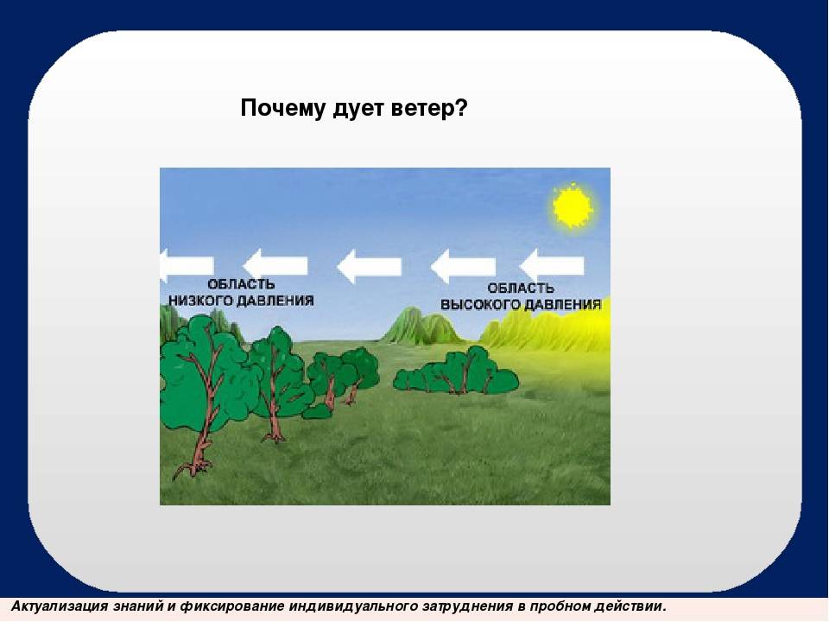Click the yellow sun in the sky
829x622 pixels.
point(572,206)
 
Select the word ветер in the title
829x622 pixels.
point(430,109)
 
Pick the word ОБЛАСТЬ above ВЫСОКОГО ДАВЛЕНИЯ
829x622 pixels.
point(520,289)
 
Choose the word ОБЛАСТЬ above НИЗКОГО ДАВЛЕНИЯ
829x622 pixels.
point(241,284)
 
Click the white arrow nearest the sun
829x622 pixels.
point(552,265)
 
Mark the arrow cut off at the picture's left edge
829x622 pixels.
point(187,265)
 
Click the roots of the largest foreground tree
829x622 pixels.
point(193,467)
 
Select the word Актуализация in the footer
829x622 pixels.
point(60,606)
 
